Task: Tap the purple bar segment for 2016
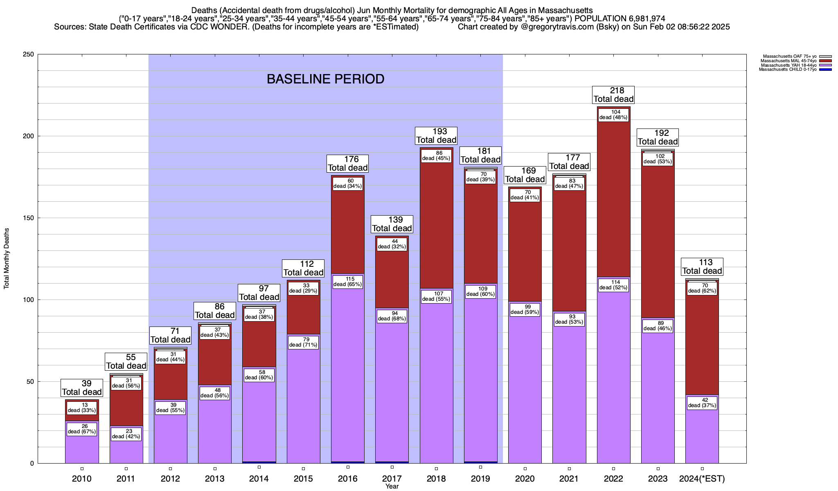tap(348, 368)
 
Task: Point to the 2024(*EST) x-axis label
tap(702, 479)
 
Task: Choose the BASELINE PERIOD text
tap(325, 79)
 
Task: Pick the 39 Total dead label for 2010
tap(82, 388)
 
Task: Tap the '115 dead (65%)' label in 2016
tap(348, 282)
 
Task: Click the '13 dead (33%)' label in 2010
tap(82, 408)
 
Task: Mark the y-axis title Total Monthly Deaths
tap(7, 259)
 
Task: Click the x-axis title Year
tap(392, 486)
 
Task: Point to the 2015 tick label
tap(303, 479)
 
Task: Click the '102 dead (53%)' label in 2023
tap(658, 159)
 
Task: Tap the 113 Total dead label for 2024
tap(702, 267)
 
